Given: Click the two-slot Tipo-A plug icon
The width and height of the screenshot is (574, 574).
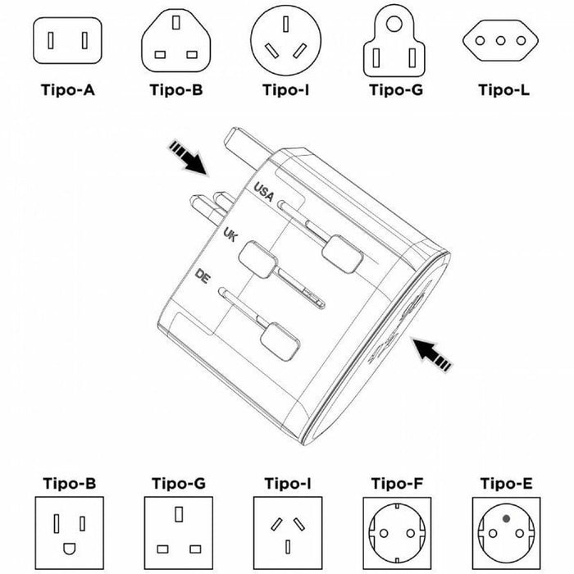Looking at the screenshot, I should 67,40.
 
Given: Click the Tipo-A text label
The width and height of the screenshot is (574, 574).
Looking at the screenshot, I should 67,89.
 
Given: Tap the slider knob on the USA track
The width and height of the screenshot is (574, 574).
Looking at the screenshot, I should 342,251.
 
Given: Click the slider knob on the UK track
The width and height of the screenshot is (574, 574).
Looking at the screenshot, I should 256,258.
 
